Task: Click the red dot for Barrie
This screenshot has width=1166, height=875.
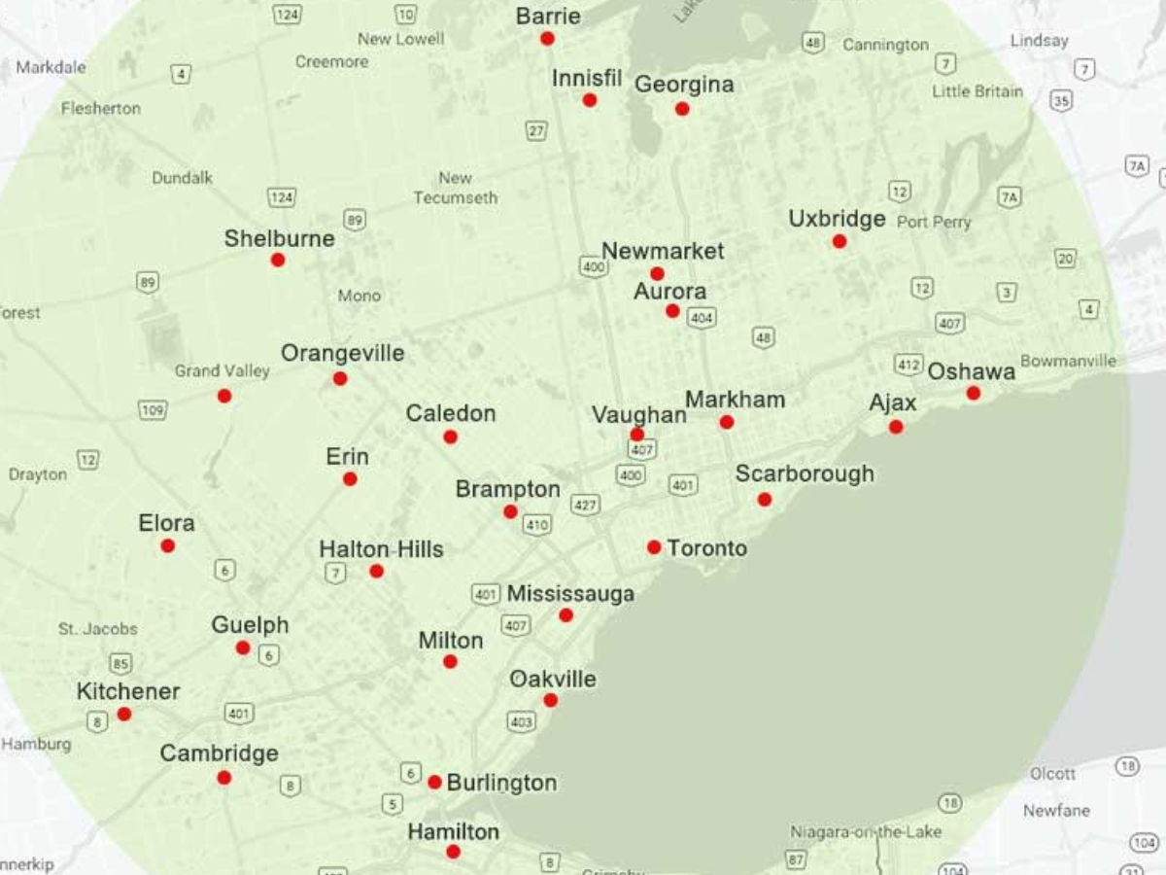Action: pos(547,39)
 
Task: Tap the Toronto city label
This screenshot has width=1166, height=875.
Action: pos(707,548)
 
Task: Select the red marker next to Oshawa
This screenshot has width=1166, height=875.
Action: pos(973,393)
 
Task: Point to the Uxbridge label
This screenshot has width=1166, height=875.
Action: pos(837,219)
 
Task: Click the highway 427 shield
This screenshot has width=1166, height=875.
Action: pos(585,505)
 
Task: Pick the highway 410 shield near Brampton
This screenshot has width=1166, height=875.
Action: pos(536,525)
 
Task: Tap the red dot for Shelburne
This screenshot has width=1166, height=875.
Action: pos(278,260)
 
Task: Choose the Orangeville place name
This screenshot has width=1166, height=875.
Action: pos(342,353)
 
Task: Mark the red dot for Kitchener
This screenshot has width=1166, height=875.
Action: pos(124,714)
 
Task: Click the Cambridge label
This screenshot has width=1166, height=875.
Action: pos(219,753)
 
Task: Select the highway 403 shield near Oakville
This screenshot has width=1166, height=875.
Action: pos(521,721)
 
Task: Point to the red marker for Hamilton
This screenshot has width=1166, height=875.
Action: pos(453,852)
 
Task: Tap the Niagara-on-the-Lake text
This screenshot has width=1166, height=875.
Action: pos(866,832)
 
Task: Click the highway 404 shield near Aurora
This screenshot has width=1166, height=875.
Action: pos(701,317)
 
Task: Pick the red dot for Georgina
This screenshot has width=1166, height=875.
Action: pos(682,109)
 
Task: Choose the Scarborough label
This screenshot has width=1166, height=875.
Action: pos(805,473)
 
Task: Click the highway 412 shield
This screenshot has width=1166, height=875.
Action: pos(909,365)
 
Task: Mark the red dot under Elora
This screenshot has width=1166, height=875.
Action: pos(168,545)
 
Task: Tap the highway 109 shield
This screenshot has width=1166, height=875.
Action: pos(153,410)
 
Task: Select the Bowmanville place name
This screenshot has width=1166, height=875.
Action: pos(1068,361)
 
